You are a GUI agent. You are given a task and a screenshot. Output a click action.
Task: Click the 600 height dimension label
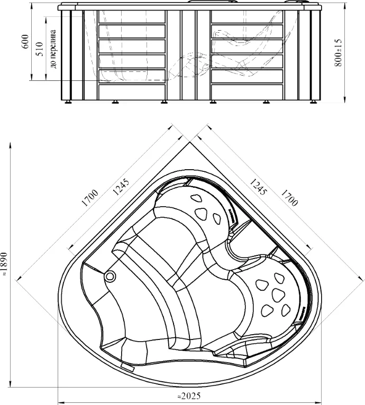[x=25, y=41]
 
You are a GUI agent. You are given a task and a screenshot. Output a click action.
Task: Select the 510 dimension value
[x=40, y=49]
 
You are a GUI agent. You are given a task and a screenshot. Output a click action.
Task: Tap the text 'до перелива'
[x=53, y=49]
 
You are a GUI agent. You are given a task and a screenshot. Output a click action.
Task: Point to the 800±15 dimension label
[x=337, y=53]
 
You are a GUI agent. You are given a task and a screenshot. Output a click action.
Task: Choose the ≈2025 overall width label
[x=189, y=396]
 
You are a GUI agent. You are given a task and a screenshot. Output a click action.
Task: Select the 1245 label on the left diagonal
[x=121, y=187]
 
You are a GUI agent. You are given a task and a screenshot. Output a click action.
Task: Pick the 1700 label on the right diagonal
[x=289, y=198]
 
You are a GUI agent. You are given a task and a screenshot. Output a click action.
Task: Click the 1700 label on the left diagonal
[x=90, y=198]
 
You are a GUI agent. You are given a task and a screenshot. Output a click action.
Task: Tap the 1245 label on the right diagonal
[x=258, y=187]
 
